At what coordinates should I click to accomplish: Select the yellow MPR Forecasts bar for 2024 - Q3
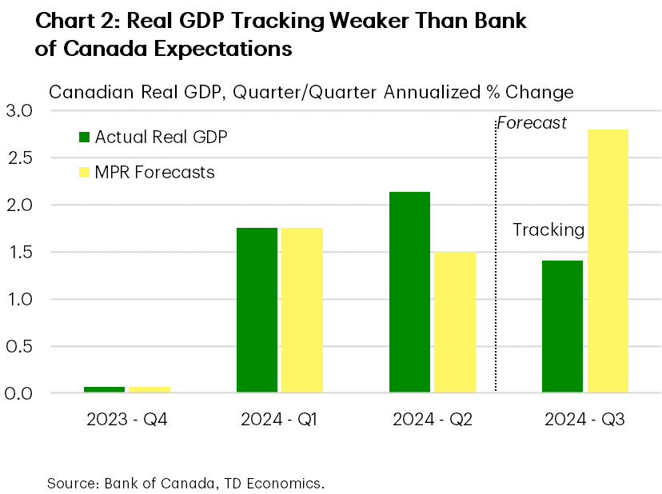coord(608,261)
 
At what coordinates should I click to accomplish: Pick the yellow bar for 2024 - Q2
coord(455,322)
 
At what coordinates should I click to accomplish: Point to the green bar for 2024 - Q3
coord(562,326)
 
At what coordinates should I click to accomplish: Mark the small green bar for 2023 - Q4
coord(104,389)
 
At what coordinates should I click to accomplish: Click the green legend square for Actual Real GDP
coord(85,137)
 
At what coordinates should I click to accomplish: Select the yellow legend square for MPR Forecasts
coord(85,172)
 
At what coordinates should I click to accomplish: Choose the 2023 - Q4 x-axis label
coord(128,419)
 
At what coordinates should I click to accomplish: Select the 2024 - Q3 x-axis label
coord(585,419)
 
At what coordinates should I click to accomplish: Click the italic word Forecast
coord(532,123)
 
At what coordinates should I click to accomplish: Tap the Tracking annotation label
coord(548,230)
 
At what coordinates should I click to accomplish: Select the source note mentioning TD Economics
coord(185,483)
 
